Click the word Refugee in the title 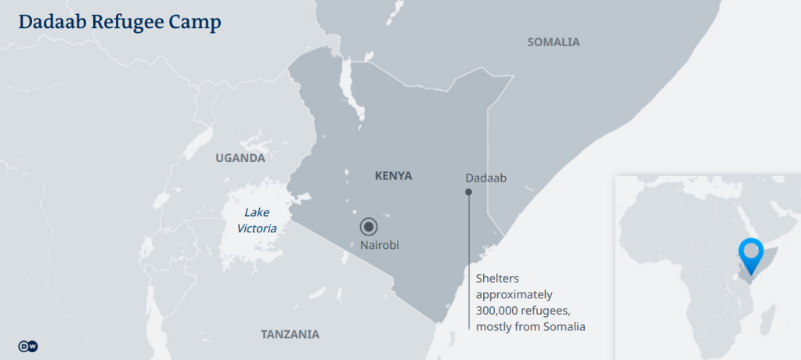tap(121, 23)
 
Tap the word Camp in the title tap(193, 23)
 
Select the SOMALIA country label tap(554, 42)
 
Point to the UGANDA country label tap(240, 158)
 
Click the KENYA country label tap(393, 176)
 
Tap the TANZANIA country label tap(290, 334)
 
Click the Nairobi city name tap(380, 245)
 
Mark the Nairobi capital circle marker tap(369, 227)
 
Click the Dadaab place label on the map tap(485, 178)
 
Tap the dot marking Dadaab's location tap(469, 192)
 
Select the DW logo tap(27, 346)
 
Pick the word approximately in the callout tap(514, 295)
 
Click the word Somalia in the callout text tap(565, 326)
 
